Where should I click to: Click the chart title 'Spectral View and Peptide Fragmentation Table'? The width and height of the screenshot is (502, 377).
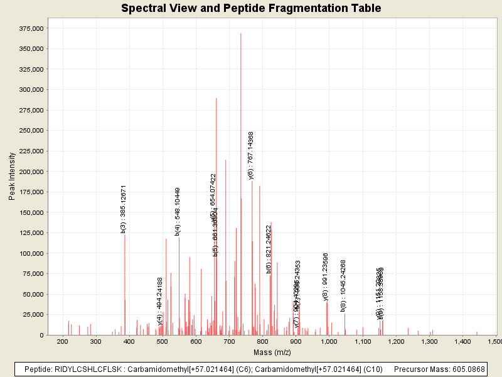(251, 8)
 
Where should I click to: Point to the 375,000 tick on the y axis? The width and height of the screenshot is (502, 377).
(31, 28)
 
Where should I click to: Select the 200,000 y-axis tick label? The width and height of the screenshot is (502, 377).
(31, 172)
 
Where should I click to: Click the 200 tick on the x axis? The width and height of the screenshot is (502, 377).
(62, 341)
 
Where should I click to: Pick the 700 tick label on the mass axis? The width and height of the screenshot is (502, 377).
(229, 341)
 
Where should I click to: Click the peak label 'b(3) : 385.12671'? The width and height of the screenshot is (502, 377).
(124, 209)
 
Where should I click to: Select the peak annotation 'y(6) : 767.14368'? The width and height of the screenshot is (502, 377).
(251, 155)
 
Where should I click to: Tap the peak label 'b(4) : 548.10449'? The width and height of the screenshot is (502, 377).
(178, 211)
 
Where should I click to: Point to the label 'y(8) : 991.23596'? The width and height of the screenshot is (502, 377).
(326, 276)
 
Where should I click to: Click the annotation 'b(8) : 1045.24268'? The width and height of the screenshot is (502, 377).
(343, 285)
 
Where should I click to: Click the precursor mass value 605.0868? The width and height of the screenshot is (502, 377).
(465, 369)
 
